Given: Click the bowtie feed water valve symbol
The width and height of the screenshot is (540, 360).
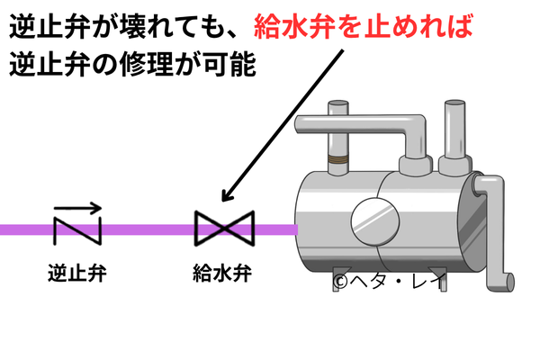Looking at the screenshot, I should pyautogui.click(x=225, y=229).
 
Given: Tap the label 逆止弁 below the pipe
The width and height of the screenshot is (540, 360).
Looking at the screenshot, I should pyautogui.click(x=77, y=272).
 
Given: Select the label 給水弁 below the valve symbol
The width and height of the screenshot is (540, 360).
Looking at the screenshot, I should pyautogui.click(x=223, y=272).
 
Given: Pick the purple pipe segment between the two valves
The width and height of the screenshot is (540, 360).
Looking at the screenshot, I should pyautogui.click(x=148, y=229).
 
